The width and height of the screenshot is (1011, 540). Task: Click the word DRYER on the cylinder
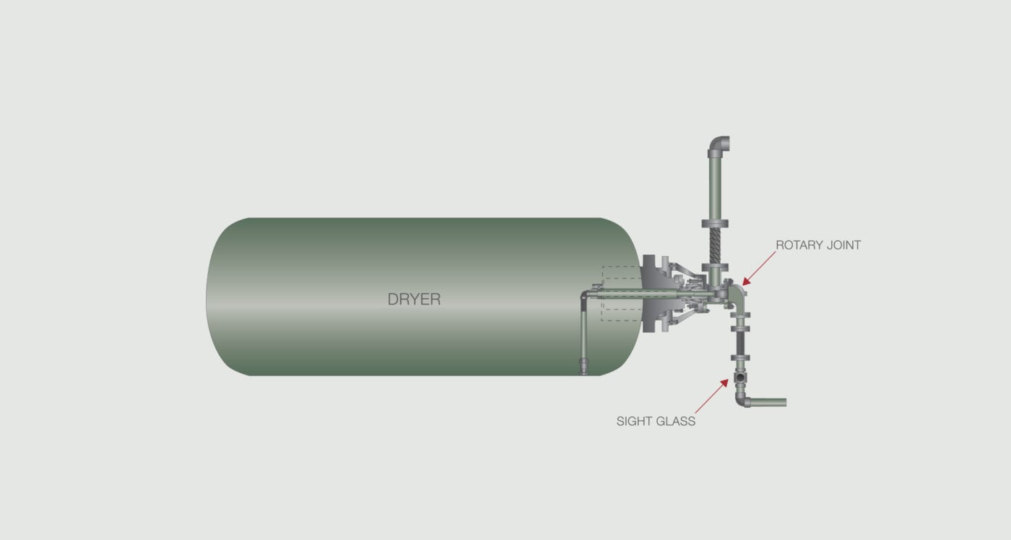point(414,299)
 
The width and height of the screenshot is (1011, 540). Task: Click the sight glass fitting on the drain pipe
point(739,378)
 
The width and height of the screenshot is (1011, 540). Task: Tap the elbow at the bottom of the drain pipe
point(742,399)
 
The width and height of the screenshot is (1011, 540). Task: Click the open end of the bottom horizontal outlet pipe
point(784,402)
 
